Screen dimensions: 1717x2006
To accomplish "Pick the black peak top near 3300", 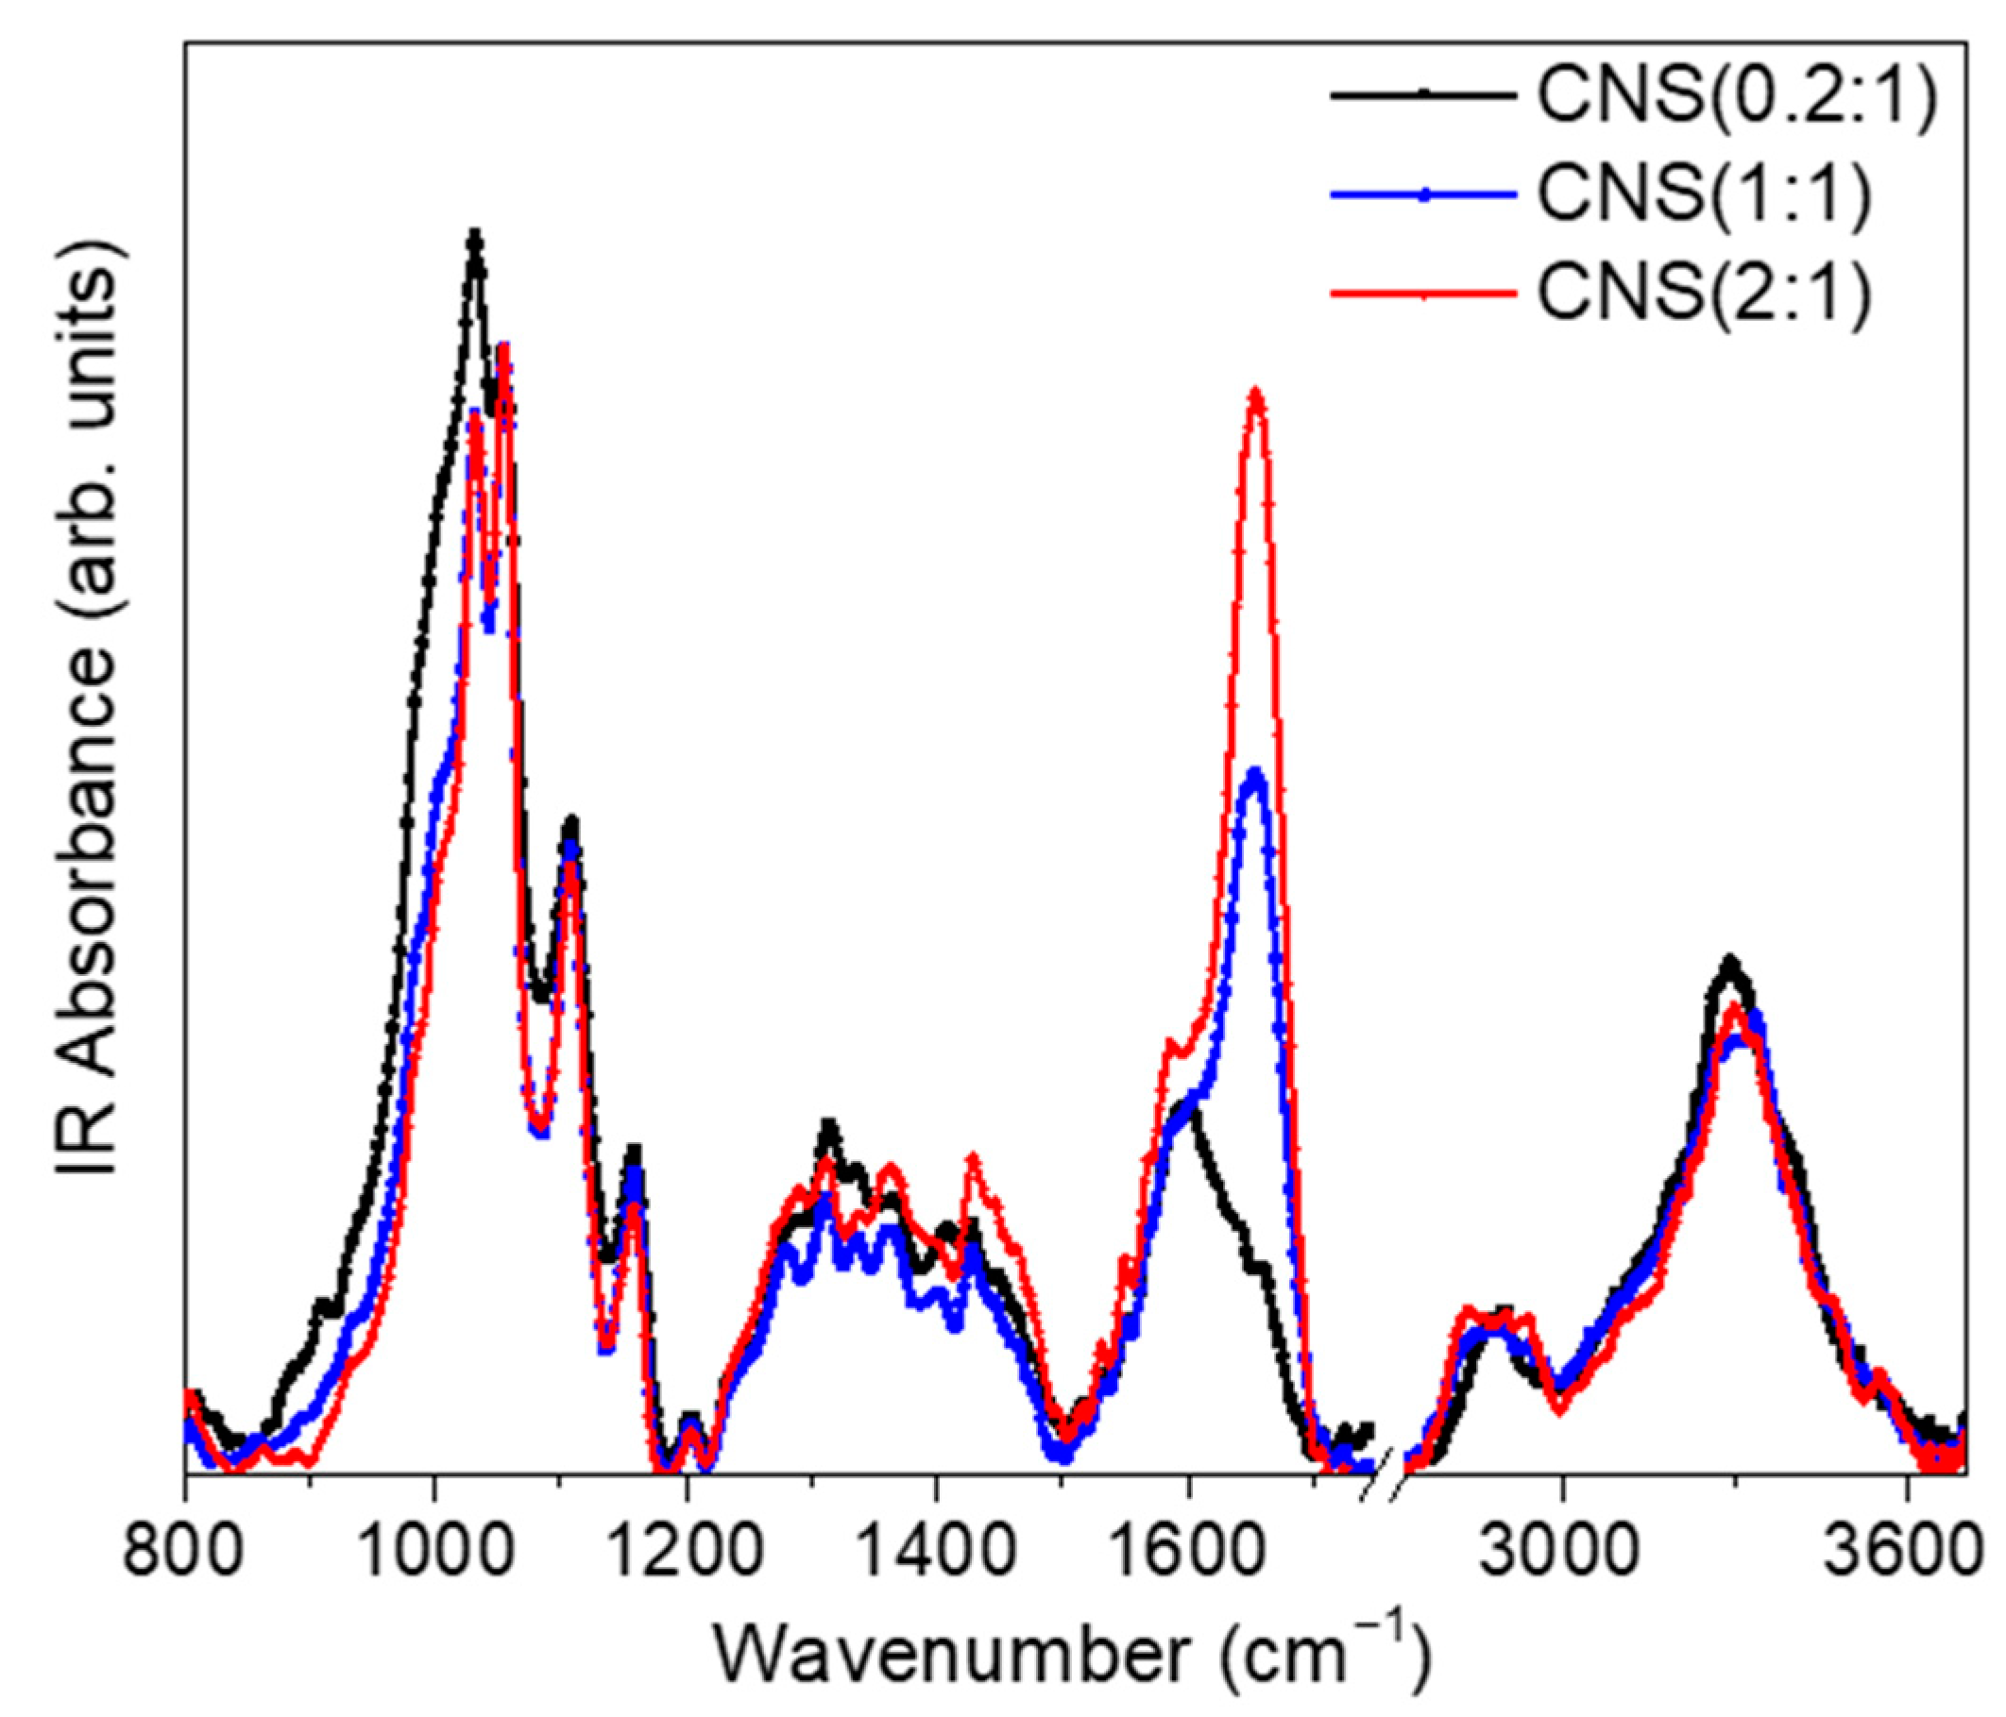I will pyautogui.click(x=1730, y=961).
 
